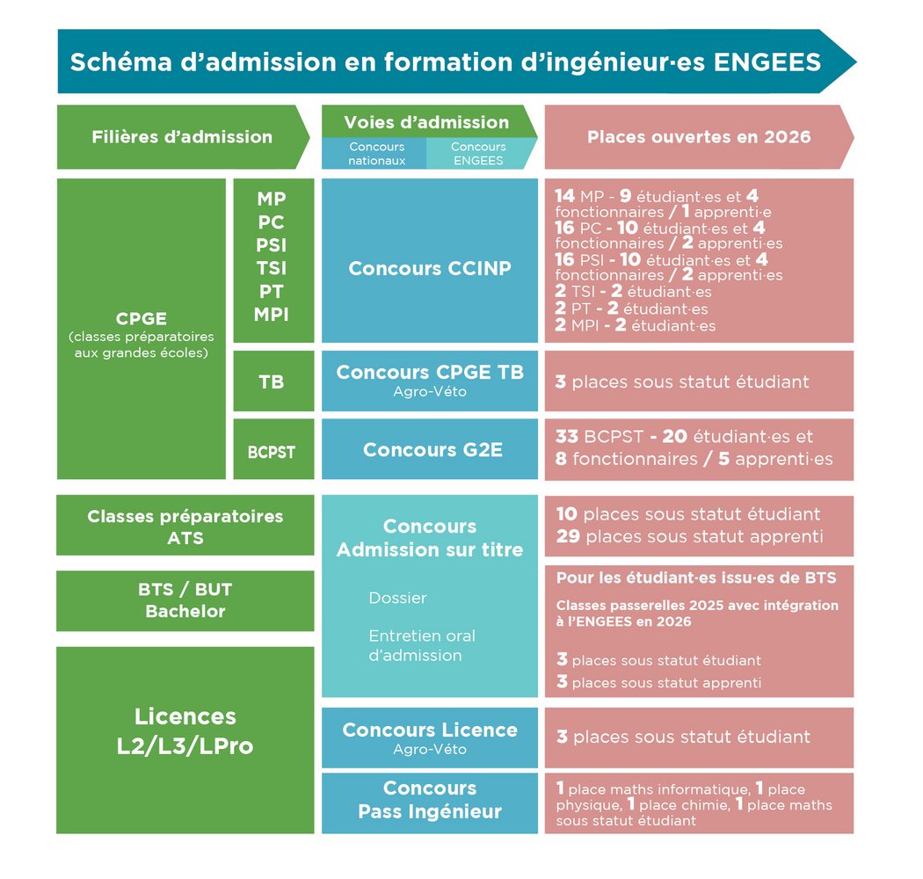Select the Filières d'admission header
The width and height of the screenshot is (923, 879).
coord(182,136)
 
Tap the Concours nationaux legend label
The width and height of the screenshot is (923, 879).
coord(376,154)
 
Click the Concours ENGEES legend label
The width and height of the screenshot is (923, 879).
coord(478,154)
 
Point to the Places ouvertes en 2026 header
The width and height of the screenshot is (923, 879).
coord(699,136)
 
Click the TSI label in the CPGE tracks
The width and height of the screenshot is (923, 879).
coord(272,268)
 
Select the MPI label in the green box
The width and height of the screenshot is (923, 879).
coord(272,314)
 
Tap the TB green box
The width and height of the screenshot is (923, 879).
coord(272,381)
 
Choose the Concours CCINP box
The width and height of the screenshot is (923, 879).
coord(430,268)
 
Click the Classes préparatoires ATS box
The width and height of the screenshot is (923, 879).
coord(185,527)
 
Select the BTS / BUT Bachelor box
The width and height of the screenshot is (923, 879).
coord(185,600)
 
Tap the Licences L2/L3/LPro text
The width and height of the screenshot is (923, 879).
coord(185,731)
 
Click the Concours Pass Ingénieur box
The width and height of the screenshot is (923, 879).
coord(430,800)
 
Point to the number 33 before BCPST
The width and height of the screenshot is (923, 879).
coord(567,436)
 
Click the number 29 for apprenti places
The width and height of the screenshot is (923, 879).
coord(568,536)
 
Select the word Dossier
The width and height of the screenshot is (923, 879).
coord(397,598)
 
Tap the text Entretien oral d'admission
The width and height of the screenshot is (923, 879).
coord(422,645)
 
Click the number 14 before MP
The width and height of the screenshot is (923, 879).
coord(565,196)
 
